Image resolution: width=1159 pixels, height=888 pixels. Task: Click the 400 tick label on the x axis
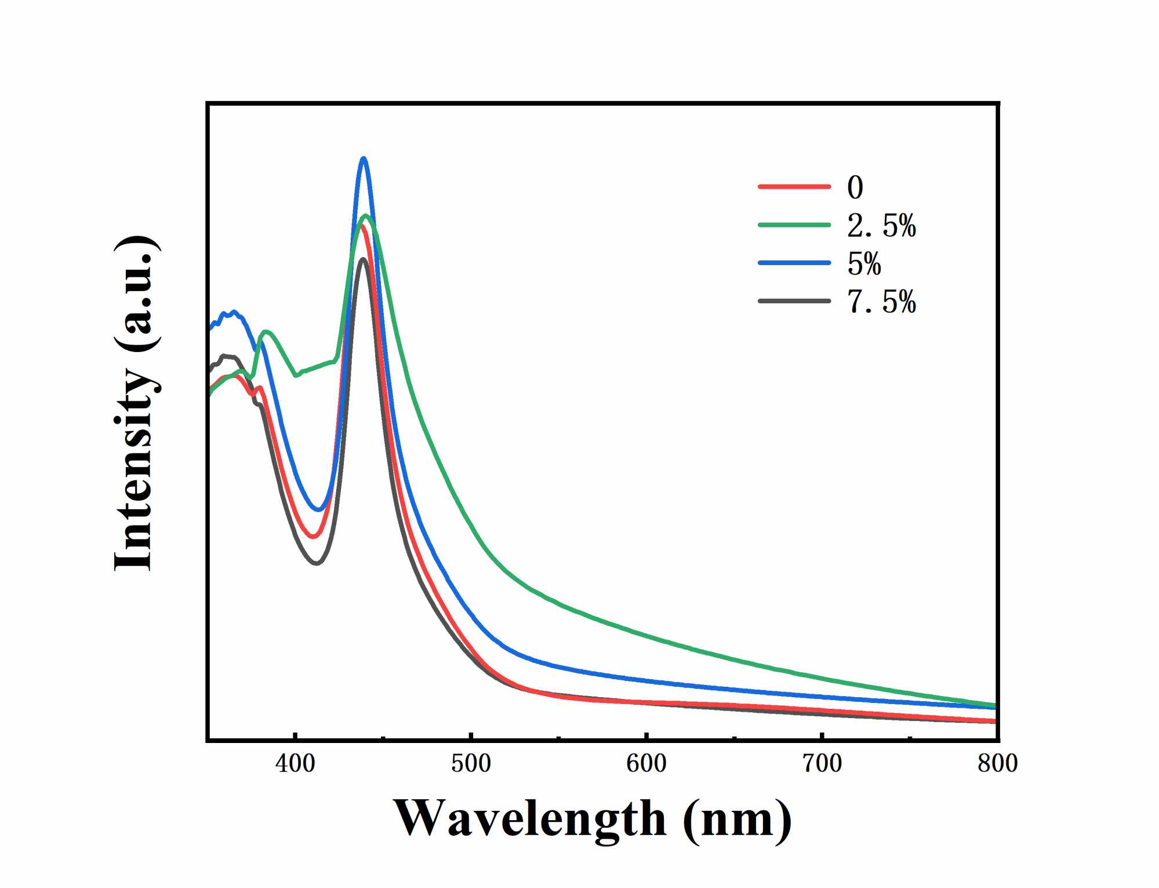pos(295,763)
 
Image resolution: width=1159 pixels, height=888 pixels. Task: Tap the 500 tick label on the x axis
pos(471,763)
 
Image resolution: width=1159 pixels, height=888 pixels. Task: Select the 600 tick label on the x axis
pos(646,763)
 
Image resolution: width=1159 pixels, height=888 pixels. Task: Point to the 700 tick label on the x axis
pos(822,763)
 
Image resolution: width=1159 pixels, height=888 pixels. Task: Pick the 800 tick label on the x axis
pos(997,763)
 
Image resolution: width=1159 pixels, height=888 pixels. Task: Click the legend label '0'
pos(855,187)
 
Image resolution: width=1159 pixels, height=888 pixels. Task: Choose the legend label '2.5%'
pos(881,226)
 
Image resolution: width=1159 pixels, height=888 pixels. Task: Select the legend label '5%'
pos(864,264)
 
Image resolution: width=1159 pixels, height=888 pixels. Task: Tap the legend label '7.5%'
pos(881,302)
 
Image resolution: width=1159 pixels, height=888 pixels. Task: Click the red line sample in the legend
pos(794,187)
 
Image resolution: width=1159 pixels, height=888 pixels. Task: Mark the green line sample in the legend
pos(794,225)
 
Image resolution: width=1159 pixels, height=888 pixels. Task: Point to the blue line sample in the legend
pos(794,263)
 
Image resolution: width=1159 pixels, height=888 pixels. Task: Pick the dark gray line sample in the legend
pos(794,301)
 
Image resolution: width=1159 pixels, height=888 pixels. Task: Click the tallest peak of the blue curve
pos(364,158)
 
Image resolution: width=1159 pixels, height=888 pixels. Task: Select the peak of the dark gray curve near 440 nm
pos(363,259)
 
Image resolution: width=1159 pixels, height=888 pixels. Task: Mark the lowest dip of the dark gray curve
pos(316,563)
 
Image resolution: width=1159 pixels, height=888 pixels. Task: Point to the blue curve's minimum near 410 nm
pos(318,510)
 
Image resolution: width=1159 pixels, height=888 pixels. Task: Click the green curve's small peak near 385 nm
pos(266,332)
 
